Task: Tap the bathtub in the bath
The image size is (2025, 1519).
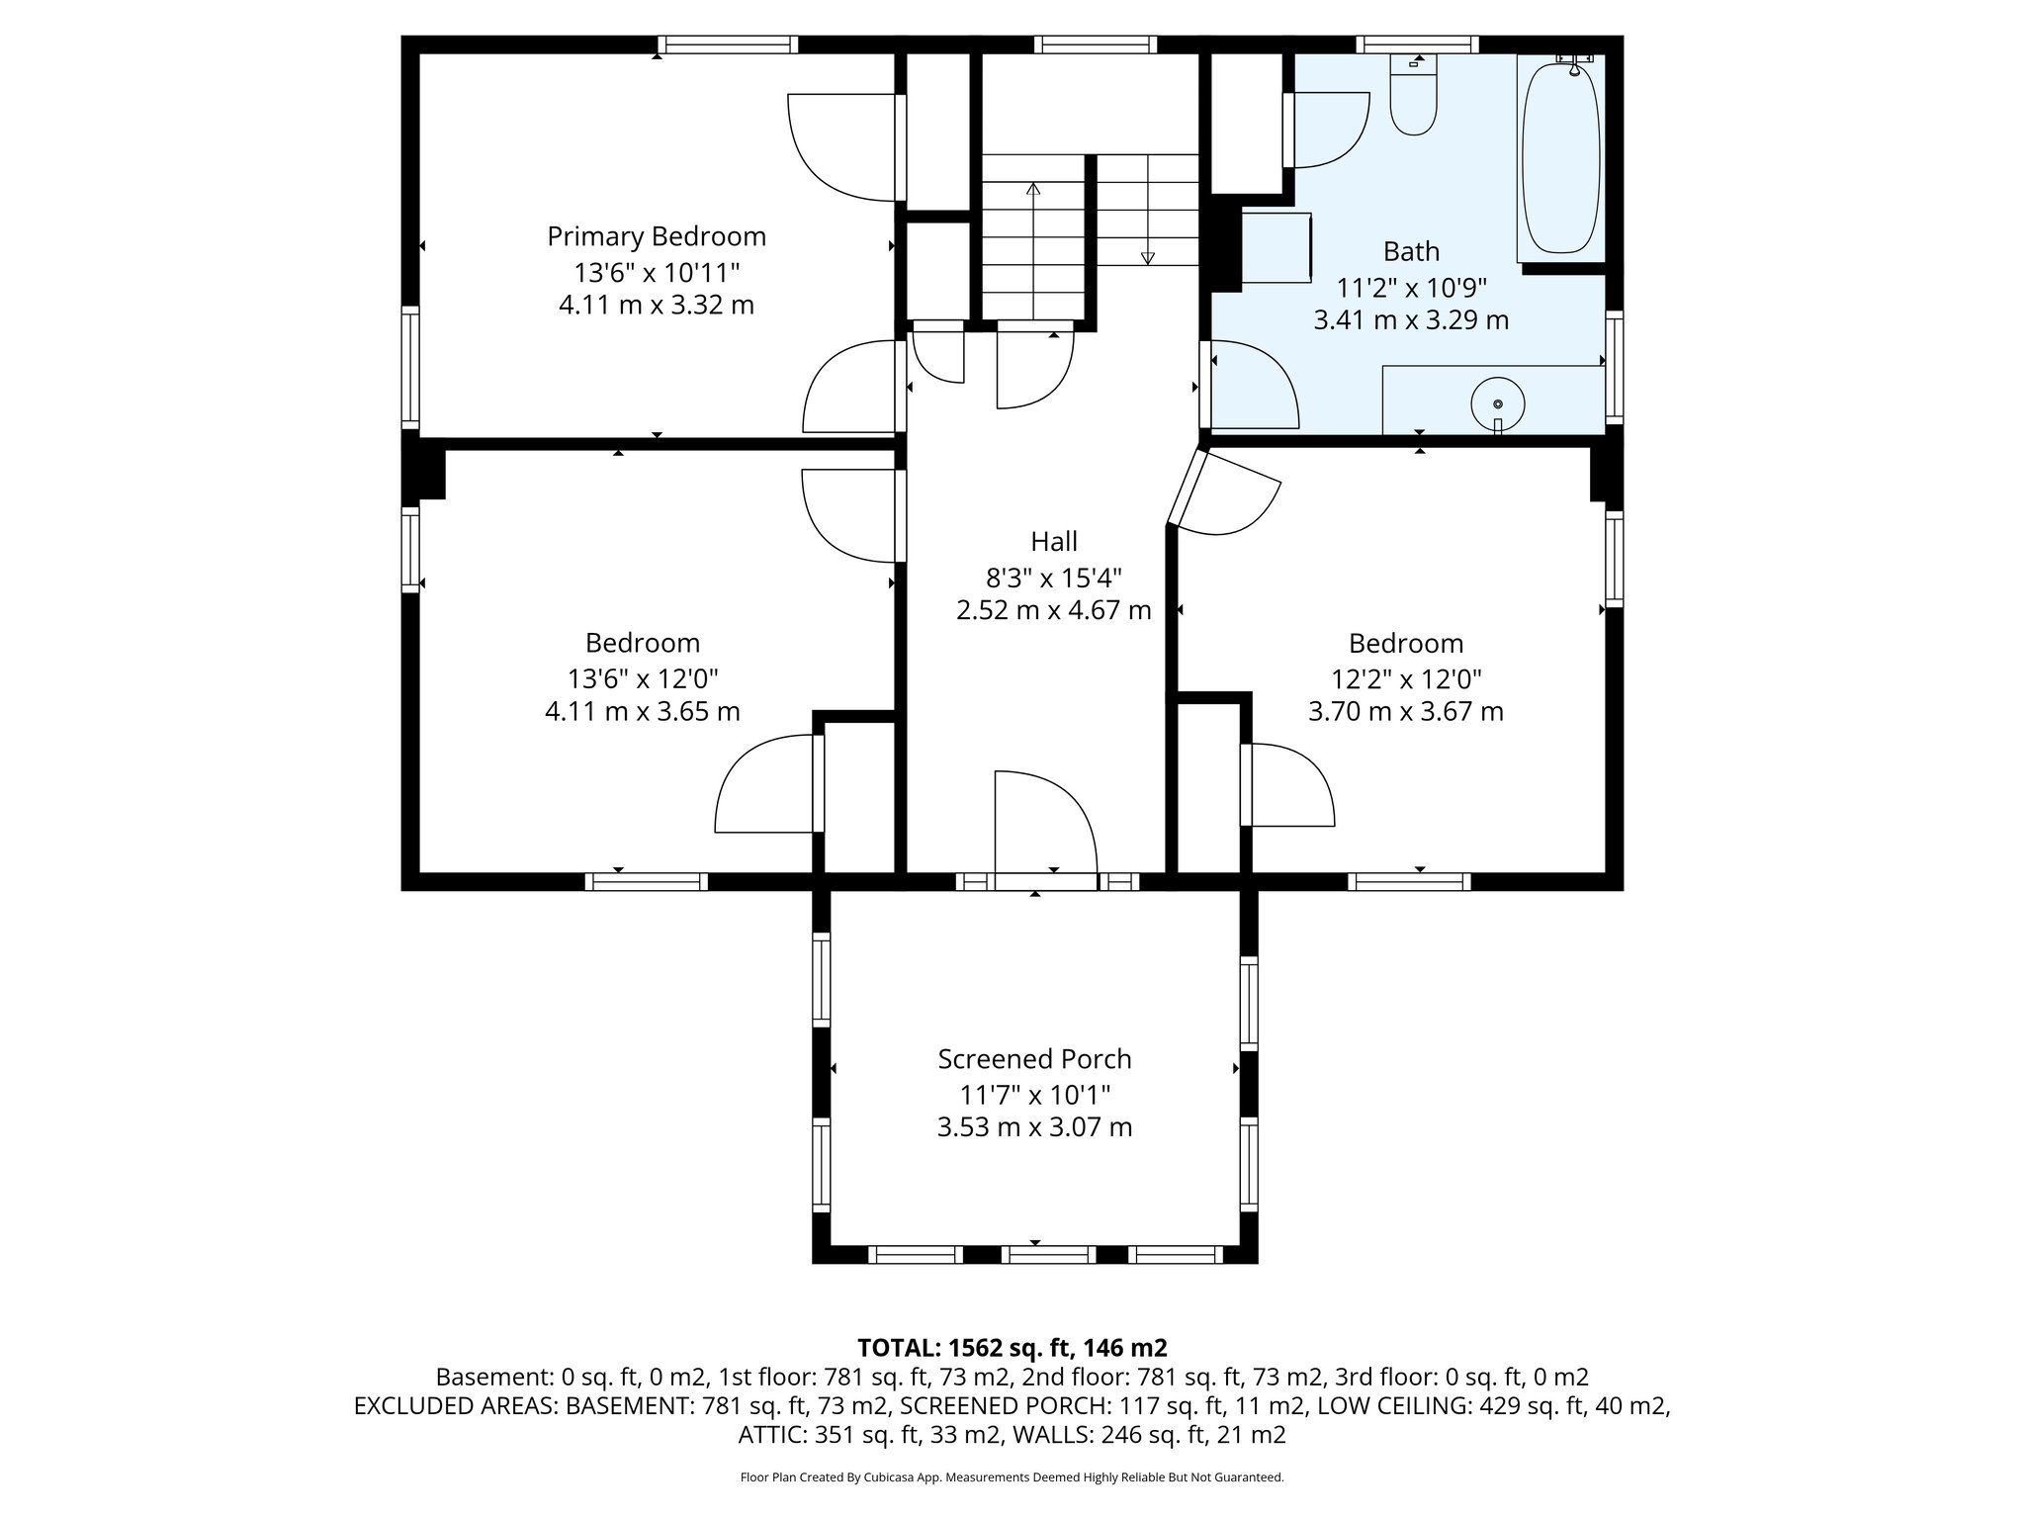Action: point(1560,158)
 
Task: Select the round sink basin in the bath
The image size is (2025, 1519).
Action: point(1497,403)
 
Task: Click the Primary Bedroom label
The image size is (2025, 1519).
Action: point(657,237)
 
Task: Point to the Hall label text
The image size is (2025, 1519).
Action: point(1054,542)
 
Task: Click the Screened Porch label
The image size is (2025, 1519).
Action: point(1034,1059)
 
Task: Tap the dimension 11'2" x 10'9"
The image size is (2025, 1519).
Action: point(1411,288)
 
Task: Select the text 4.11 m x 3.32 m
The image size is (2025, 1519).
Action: point(657,305)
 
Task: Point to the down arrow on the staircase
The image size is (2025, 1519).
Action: point(1147,258)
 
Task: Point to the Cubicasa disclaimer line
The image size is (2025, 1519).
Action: point(1012,1477)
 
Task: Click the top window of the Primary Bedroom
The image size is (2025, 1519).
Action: point(728,45)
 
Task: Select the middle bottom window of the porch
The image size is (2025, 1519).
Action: point(1048,1255)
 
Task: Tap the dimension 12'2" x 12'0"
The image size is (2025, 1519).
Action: point(1405,679)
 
